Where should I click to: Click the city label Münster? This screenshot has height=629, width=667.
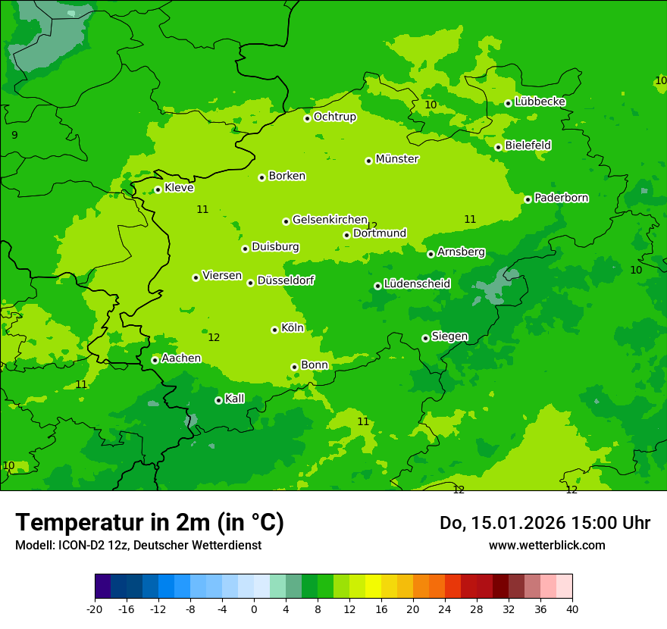pyautogui.click(x=397, y=159)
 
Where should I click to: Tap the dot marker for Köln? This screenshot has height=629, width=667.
pyautogui.click(x=274, y=330)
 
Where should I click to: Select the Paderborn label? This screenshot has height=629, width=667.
pyautogui.click(x=561, y=198)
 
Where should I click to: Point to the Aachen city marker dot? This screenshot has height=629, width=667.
pyautogui.click(x=155, y=360)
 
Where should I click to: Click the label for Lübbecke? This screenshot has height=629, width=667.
pyautogui.click(x=540, y=102)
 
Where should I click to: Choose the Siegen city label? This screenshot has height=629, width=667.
pyautogui.click(x=449, y=336)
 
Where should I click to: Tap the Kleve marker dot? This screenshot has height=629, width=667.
pyautogui.click(x=158, y=189)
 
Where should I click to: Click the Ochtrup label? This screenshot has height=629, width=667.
pyautogui.click(x=334, y=117)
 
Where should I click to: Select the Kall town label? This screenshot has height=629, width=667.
pyautogui.click(x=235, y=399)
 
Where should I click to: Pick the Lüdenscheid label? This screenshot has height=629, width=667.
pyautogui.click(x=417, y=284)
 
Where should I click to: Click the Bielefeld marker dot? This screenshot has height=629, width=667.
pyautogui.click(x=498, y=147)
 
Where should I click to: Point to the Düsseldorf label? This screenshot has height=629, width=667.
pyautogui.click(x=286, y=280)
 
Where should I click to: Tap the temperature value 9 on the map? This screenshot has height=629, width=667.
pyautogui.click(x=14, y=135)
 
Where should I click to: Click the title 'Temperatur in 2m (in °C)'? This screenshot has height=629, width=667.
pyautogui.click(x=149, y=522)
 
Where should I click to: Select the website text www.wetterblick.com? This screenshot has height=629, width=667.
pyautogui.click(x=546, y=545)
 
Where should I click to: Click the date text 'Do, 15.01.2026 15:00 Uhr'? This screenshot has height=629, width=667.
pyautogui.click(x=544, y=523)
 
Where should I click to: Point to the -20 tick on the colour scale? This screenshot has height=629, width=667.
pyautogui.click(x=95, y=609)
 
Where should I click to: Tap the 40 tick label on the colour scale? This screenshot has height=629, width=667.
pyautogui.click(x=571, y=609)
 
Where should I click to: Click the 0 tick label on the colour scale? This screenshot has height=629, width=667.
pyautogui.click(x=254, y=609)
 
